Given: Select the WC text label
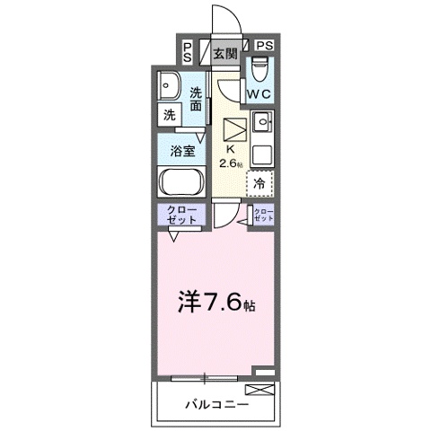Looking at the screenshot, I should tap(259, 92).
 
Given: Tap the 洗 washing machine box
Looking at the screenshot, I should tap(169, 114).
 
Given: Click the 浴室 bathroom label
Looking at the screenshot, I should tap(182, 150).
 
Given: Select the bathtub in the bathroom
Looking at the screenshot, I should tap(182, 183).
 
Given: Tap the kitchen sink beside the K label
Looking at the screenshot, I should tap(261, 122).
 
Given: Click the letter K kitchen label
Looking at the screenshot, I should tap(229, 149).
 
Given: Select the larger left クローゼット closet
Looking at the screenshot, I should tap(182, 215).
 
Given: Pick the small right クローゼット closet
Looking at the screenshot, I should tap(262, 215).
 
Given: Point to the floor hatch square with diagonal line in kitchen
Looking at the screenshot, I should tap(233, 128).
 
